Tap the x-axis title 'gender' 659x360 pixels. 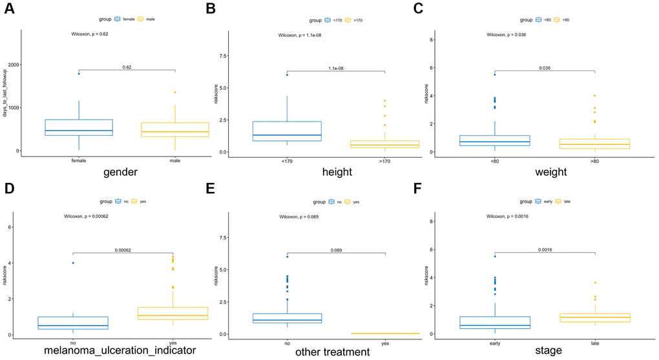click(126, 173)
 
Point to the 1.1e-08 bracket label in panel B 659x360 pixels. click(335, 68)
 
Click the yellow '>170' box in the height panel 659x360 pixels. click(384, 144)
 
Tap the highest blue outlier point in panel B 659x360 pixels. click(287, 75)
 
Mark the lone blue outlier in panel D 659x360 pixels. click(73, 263)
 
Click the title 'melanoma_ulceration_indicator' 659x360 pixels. click(120, 351)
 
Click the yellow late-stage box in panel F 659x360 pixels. click(594, 317)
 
